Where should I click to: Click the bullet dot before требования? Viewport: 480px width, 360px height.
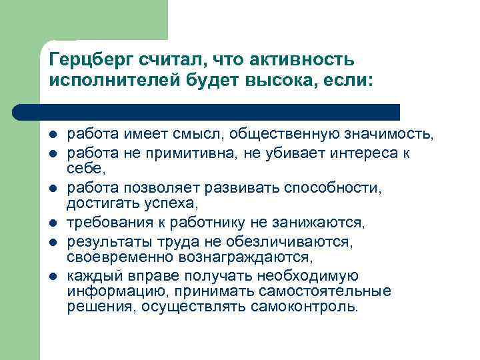pos(53,222)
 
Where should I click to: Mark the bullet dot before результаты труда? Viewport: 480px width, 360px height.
pos(53,240)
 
